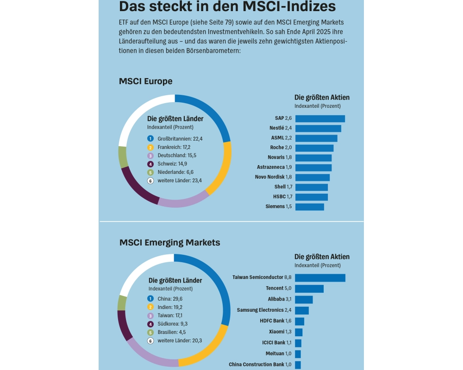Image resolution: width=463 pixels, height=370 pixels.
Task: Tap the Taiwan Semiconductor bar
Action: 320,277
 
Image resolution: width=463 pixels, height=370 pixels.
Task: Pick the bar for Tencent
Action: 309,289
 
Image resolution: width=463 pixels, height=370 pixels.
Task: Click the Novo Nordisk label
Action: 273,177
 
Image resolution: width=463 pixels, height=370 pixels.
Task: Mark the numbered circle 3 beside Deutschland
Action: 150,155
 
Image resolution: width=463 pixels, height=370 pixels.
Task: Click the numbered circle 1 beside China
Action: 150,298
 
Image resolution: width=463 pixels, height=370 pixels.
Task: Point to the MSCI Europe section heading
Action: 145,81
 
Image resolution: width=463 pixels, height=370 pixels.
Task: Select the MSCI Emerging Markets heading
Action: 169,242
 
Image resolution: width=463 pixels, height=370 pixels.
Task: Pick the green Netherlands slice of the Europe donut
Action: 123,157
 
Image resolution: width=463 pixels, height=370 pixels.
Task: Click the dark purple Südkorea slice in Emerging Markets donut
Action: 124,326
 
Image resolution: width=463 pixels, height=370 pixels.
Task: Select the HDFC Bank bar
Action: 300,321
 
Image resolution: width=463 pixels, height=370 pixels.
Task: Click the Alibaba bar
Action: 304,300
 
